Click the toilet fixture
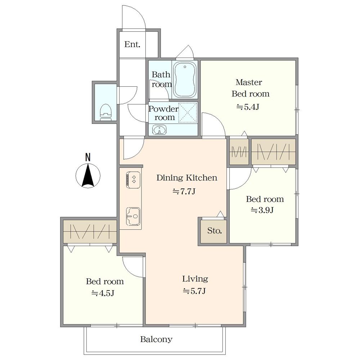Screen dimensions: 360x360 pos(106,112)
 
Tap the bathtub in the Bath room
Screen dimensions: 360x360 pos(185,80)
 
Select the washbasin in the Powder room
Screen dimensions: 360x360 pos(159,130)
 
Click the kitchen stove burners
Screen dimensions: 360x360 pos(133,180)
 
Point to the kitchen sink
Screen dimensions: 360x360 pos(133,216)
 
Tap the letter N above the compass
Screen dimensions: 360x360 pos(88,157)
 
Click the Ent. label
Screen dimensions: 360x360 pos(132,44)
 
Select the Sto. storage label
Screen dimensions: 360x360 pos(215,230)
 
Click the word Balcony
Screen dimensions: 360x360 pos(156,339)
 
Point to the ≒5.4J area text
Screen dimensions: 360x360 pos(248,107)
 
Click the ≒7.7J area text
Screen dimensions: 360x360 pos(184,191)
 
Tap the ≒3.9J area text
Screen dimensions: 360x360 pos(262,210)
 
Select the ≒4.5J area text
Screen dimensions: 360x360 pos(103,293)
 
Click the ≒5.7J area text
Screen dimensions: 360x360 pos(194,291)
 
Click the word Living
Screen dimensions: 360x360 pos(195,279)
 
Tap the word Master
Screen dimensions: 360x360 pos(249,82)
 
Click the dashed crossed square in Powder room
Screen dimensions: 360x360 pos(188,112)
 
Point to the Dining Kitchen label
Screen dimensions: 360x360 pos(186,178)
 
